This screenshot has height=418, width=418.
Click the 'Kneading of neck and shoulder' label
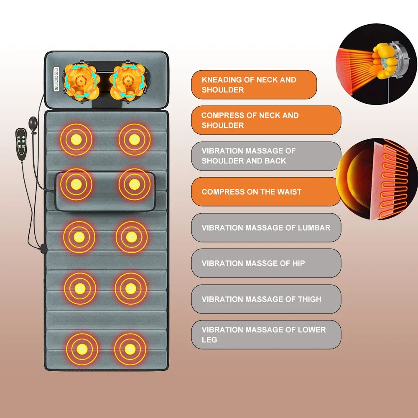[x=254, y=85]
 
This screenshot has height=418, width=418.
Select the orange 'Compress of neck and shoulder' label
[x=266, y=120]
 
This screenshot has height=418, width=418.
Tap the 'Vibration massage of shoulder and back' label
[x=266, y=156]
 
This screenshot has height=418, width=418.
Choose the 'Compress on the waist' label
[x=266, y=192]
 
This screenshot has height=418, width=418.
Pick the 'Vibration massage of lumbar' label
[x=266, y=228]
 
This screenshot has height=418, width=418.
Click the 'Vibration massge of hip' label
[x=266, y=263]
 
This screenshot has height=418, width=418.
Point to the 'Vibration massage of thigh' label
[x=266, y=299]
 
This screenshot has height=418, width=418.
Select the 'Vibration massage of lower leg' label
[x=266, y=335]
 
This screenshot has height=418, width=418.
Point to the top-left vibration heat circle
[x=76, y=139]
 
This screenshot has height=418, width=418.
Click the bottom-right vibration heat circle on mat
[x=130, y=348]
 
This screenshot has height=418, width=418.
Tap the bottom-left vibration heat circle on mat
[x=82, y=349]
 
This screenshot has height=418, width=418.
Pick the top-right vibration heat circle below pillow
[x=134, y=139]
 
